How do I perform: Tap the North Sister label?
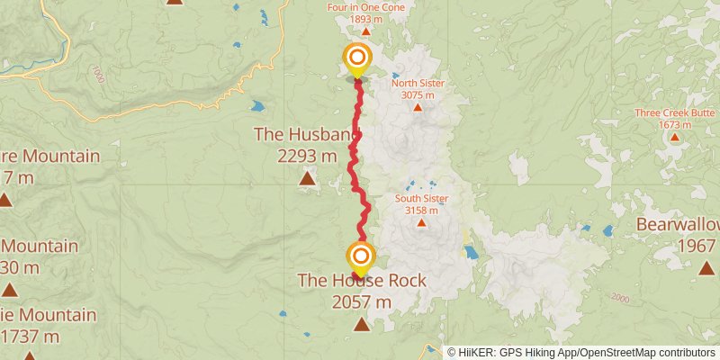point(418,84)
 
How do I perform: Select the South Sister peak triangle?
point(420,221)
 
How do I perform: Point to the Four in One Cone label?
point(365,7)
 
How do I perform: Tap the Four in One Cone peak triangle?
point(365,31)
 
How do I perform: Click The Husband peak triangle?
point(307,179)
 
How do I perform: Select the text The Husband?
point(307,135)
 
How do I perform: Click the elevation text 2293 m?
point(307,156)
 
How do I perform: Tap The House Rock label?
point(362,281)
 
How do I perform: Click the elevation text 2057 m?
point(362,302)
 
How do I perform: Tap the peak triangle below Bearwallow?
point(706,266)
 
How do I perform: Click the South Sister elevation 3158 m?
point(420,210)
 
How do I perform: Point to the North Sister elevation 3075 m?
point(418,95)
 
